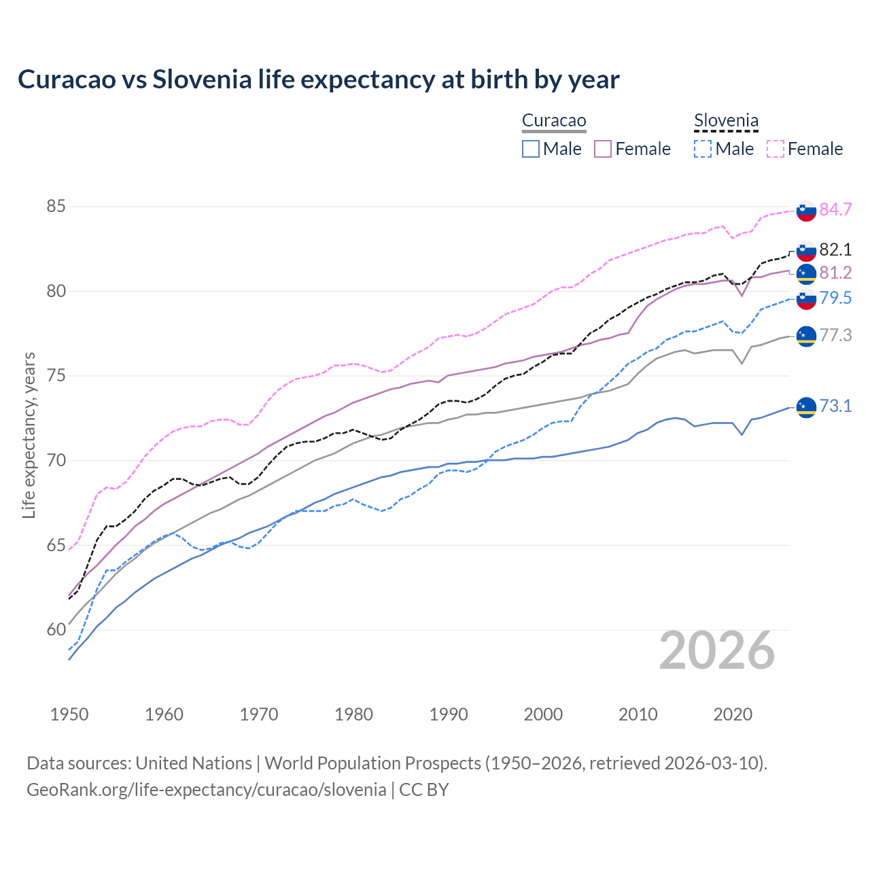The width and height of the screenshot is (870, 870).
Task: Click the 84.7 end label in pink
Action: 835,209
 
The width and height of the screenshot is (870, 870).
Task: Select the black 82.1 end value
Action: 835,249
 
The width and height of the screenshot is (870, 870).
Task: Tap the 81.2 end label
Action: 835,273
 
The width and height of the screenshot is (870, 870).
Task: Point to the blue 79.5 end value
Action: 835,298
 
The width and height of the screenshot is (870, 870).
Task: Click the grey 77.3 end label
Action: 835,335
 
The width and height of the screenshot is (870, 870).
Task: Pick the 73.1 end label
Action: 835,406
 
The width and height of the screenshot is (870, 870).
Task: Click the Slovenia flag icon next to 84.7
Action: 806,211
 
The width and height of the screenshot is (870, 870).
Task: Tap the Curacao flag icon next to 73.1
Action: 806,407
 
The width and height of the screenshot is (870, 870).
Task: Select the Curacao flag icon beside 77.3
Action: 806,336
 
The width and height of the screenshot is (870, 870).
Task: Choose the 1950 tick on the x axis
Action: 69,714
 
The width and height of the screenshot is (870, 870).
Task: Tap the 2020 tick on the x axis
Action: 733,714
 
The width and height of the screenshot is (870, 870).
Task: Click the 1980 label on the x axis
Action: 353,714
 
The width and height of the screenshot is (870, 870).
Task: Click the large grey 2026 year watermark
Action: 717,650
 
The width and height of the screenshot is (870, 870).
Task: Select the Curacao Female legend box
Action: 603,149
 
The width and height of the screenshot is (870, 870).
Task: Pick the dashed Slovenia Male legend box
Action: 703,149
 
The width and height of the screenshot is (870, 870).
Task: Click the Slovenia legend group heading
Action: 726,121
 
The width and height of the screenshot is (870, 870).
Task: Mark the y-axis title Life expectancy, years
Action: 29,435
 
